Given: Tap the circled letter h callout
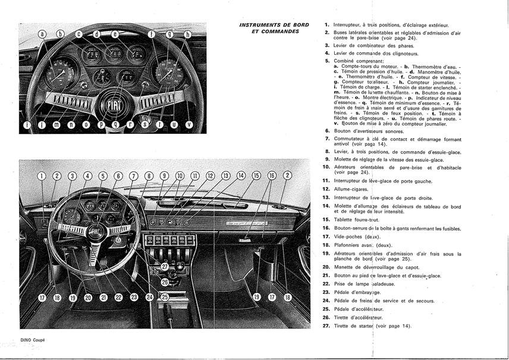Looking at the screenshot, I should coord(187,35).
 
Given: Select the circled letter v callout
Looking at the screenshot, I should coord(189,124).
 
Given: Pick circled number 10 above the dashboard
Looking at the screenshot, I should coord(180,176).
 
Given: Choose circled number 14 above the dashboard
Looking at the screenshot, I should coord(241,176).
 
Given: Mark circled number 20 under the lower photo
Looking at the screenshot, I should coord(87,297).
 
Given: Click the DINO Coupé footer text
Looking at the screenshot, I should coord(33,339).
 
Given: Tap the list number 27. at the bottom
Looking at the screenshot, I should coord(326,326).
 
